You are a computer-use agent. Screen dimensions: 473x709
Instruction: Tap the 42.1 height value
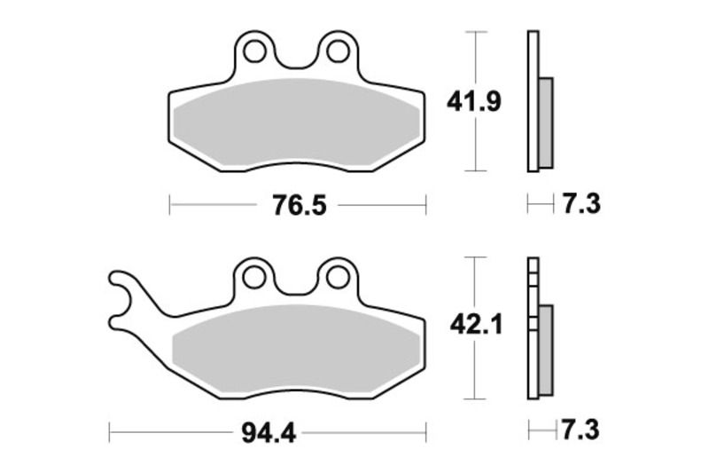[x=476, y=327]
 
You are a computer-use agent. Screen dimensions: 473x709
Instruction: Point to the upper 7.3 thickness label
[x=580, y=205]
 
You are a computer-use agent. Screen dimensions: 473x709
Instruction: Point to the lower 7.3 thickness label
[x=580, y=431]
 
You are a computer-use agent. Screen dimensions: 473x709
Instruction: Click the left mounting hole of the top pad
[x=254, y=51]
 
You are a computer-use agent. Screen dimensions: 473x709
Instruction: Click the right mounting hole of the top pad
[x=337, y=51]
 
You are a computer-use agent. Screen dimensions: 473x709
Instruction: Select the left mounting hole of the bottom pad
[x=254, y=277]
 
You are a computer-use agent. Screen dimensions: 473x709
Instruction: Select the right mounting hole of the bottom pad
[x=337, y=277]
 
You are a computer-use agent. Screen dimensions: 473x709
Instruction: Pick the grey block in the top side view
[x=545, y=122]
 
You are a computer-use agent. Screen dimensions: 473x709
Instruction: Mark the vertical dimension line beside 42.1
[x=477, y=373]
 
